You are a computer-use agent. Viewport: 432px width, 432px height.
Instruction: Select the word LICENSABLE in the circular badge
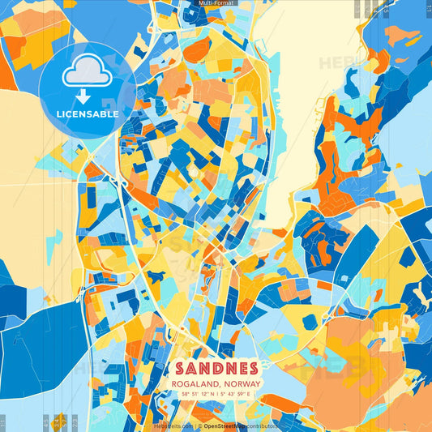87,114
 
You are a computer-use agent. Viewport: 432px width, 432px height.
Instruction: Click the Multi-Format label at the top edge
216,4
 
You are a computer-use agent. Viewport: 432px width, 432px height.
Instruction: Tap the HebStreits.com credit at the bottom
173,425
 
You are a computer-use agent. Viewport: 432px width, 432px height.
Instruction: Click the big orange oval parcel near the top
196,49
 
